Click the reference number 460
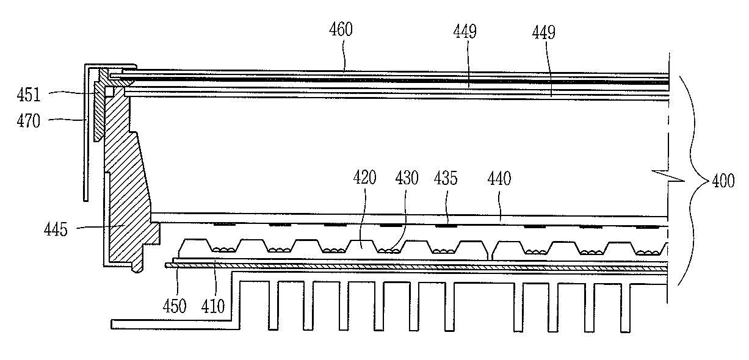(x=341, y=29)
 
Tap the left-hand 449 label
(x=465, y=31)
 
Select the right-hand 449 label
(x=543, y=32)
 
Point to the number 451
(x=29, y=95)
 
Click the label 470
(x=29, y=121)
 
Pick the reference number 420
(x=364, y=178)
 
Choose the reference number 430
(x=407, y=178)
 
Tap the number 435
(x=446, y=178)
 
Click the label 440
(x=499, y=178)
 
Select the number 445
(x=57, y=230)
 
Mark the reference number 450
(x=175, y=305)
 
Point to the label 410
(x=213, y=305)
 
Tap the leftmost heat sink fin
(x=273, y=305)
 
